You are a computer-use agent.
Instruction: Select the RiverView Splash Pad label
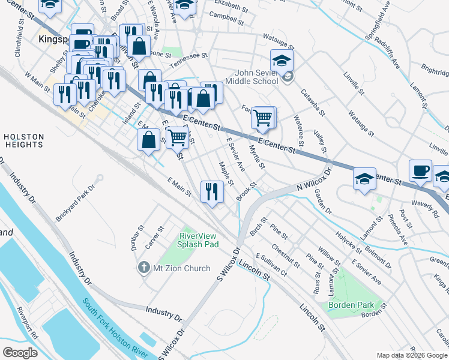point(199,240)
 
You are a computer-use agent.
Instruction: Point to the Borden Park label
point(351,305)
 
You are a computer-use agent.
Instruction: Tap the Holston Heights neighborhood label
point(23,140)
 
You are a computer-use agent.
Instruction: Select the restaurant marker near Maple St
point(211,192)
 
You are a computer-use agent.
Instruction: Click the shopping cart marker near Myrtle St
point(263,117)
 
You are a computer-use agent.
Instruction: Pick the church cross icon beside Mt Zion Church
point(143,268)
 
